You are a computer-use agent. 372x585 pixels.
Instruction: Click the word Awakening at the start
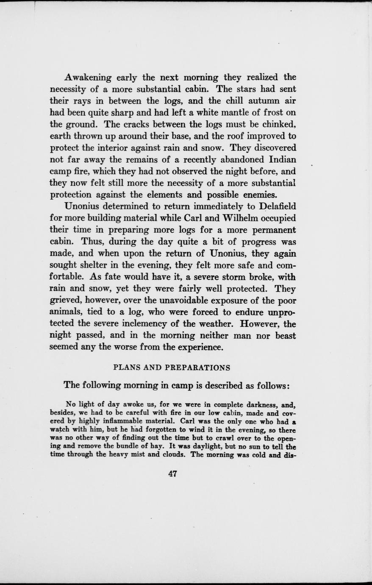pos(88,78)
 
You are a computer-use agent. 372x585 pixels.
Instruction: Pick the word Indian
pos(282,160)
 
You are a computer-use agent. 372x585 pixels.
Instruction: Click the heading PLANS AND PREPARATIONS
pos(172,367)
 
